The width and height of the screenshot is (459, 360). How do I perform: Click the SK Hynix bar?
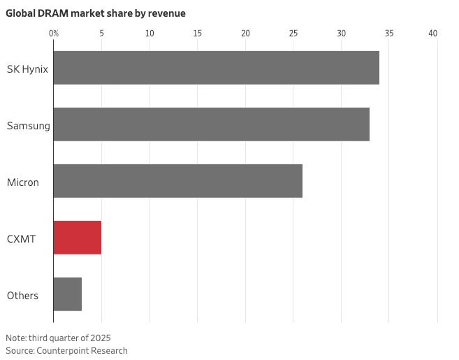[216, 68]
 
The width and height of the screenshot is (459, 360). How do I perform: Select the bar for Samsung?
[211, 124]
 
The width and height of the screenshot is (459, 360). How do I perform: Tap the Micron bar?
[177, 181]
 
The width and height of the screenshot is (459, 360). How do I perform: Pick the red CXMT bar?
[77, 238]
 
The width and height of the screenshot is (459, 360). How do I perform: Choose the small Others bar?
[67, 294]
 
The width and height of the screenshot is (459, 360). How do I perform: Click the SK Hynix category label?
[27, 69]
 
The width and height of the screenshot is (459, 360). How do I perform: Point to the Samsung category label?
[28, 125]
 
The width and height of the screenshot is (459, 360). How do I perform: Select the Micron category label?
[23, 182]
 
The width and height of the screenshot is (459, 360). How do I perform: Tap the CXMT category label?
[21, 238]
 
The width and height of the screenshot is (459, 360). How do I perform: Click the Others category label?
[22, 295]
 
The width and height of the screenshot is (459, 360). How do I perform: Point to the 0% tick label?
[54, 33]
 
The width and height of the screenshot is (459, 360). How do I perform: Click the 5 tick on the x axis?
[101, 33]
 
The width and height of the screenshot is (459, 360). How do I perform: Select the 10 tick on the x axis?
[150, 33]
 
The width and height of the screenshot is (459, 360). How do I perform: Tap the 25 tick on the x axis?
[293, 33]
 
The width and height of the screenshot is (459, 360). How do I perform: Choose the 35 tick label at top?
[388, 33]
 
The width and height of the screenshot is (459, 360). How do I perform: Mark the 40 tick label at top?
[433, 33]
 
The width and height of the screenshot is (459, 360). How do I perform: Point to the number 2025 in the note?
[99, 338]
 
